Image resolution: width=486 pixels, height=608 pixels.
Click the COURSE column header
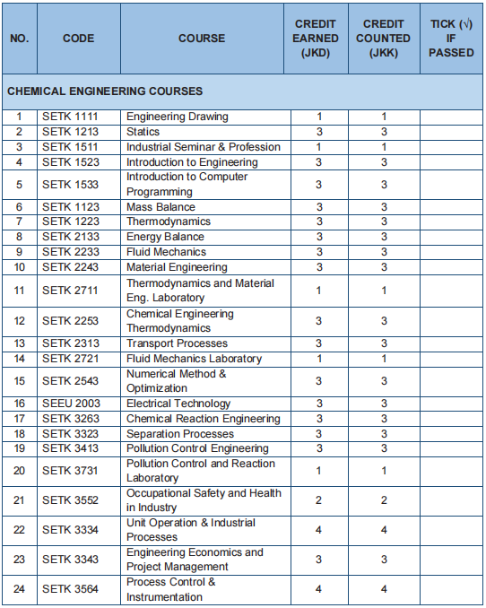[202, 39]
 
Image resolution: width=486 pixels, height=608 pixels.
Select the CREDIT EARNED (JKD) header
[316, 39]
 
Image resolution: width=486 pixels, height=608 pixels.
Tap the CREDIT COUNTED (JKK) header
[383, 39]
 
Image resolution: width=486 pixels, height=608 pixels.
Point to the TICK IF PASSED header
[451, 39]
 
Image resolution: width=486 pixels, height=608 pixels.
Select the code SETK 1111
[71, 117]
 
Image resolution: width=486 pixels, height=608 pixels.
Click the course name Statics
[143, 132]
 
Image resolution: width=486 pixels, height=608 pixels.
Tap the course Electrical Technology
[178, 404]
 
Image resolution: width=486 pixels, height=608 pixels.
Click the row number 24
[20, 589]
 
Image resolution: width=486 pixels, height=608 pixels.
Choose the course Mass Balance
[161, 207]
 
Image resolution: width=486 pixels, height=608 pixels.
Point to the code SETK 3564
[71, 589]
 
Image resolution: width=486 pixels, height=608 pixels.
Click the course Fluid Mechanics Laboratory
[194, 359]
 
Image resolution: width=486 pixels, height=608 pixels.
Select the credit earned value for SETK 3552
[319, 500]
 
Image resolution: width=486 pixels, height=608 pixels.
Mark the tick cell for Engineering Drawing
[451, 117]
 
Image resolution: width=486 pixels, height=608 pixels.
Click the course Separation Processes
[180, 434]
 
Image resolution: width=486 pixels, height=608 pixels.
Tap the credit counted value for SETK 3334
[384, 530]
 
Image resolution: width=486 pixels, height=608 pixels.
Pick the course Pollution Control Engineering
[197, 448]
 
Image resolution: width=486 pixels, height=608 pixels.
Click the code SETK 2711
[71, 291]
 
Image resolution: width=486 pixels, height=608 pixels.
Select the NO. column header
[20, 39]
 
